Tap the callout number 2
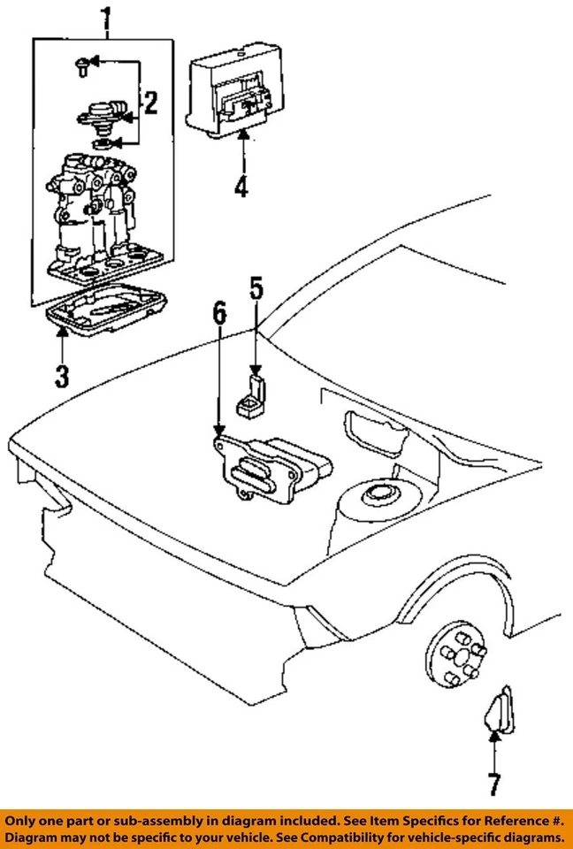149,105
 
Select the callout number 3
60,375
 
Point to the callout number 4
241,187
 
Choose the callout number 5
256,288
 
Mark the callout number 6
219,313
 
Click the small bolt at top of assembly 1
80,63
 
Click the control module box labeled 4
234,92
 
